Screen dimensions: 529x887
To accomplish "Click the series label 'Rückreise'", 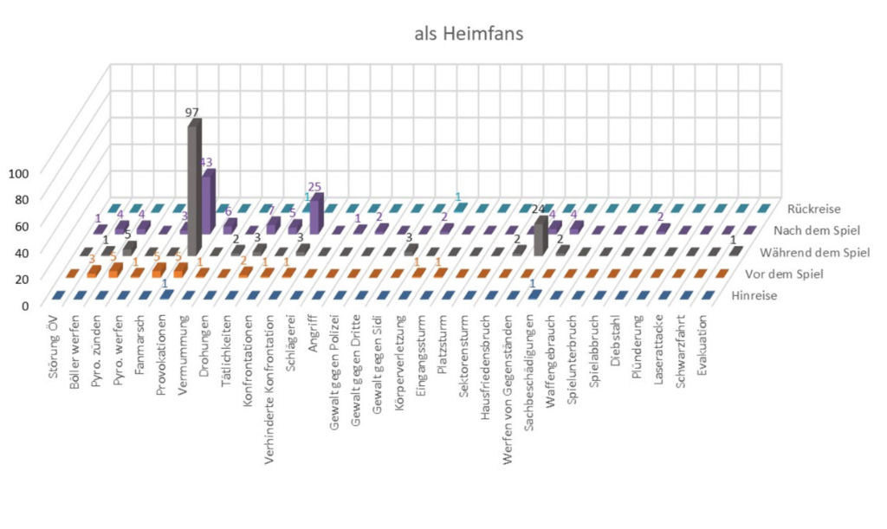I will pos(813,209).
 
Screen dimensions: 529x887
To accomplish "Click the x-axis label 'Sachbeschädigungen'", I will pos(529,368).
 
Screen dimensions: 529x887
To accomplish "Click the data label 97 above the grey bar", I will pos(192,113).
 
